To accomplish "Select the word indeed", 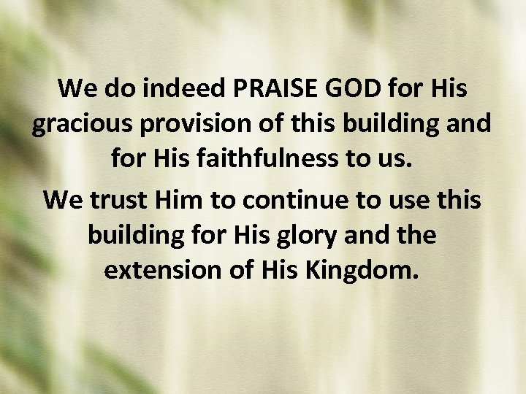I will tap(188, 89).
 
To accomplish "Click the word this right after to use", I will tap(458, 198).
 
